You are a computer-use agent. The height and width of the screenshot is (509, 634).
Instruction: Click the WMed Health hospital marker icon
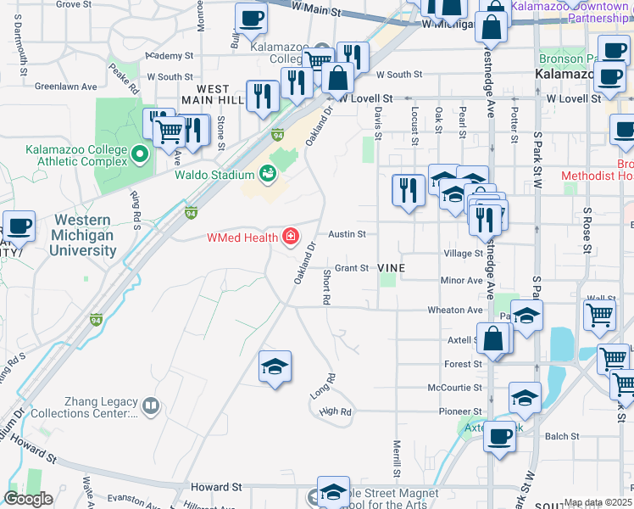[291, 235]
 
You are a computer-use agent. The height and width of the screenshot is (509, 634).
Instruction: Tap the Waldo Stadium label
[214, 176]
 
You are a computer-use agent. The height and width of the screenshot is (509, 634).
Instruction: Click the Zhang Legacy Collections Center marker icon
[151, 406]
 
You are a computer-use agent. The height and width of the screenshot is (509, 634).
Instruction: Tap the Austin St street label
[347, 234]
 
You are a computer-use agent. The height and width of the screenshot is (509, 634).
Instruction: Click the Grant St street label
[352, 268]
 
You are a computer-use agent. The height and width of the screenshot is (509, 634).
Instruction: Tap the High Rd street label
[335, 411]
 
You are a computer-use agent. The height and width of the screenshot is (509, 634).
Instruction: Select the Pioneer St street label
[461, 411]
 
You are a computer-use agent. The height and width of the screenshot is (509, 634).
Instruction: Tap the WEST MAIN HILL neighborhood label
[213, 94]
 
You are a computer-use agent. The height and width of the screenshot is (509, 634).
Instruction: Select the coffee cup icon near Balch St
[500, 436]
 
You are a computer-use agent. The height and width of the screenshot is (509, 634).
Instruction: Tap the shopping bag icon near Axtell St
[493, 338]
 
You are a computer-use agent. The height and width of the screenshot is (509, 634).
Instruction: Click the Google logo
[27, 499]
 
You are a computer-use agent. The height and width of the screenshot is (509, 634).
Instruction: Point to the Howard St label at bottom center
[216, 488]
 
